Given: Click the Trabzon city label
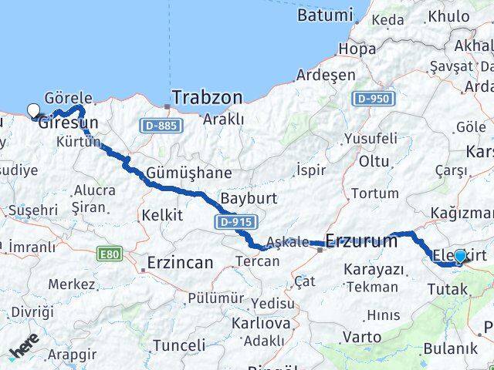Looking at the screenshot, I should [206, 98].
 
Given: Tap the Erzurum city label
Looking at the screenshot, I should [361, 240].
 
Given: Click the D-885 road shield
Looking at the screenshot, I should [161, 125].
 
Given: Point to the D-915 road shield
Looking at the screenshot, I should [235, 222].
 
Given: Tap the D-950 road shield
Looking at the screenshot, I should [374, 99].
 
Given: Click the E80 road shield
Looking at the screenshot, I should [110, 252].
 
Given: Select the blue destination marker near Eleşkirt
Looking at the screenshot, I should [460, 256].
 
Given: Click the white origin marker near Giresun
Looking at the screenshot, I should [34, 110].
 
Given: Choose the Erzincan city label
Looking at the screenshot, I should [179, 263].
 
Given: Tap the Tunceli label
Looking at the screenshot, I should [179, 345].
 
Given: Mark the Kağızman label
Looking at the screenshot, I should [462, 213].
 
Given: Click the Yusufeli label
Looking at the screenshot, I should [370, 139].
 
